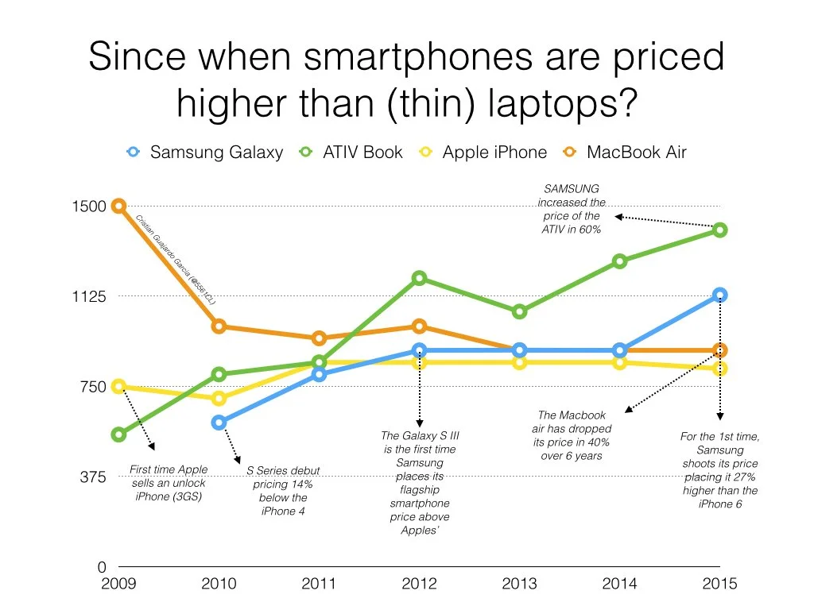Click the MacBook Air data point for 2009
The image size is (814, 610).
pyautogui.click(x=118, y=206)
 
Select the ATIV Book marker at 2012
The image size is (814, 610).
pyautogui.click(x=419, y=278)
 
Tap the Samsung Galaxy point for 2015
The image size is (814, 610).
pyautogui.click(x=719, y=295)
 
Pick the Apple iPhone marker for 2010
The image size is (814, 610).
pyautogui.click(x=219, y=398)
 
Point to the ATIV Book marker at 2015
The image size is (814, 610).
pyautogui.click(x=719, y=230)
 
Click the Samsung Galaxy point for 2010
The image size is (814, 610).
pyautogui.click(x=219, y=423)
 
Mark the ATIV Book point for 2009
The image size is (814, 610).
pyautogui.click(x=118, y=434)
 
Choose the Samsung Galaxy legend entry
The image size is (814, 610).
pyautogui.click(x=205, y=152)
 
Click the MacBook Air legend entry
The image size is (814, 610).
pyautogui.click(x=626, y=152)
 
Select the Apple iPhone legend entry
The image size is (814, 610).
pyautogui.click(x=484, y=152)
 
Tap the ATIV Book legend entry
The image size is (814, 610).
pyautogui.click(x=352, y=152)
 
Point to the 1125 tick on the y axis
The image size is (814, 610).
pyautogui.click(x=89, y=296)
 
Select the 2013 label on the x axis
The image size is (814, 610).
pyautogui.click(x=519, y=584)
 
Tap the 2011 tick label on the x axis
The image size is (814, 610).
pyautogui.click(x=319, y=584)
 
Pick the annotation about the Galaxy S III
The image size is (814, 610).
pyautogui.click(x=420, y=483)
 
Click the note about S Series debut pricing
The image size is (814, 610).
pyautogui.click(x=283, y=491)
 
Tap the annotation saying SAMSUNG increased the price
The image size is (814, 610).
pyautogui.click(x=571, y=209)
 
